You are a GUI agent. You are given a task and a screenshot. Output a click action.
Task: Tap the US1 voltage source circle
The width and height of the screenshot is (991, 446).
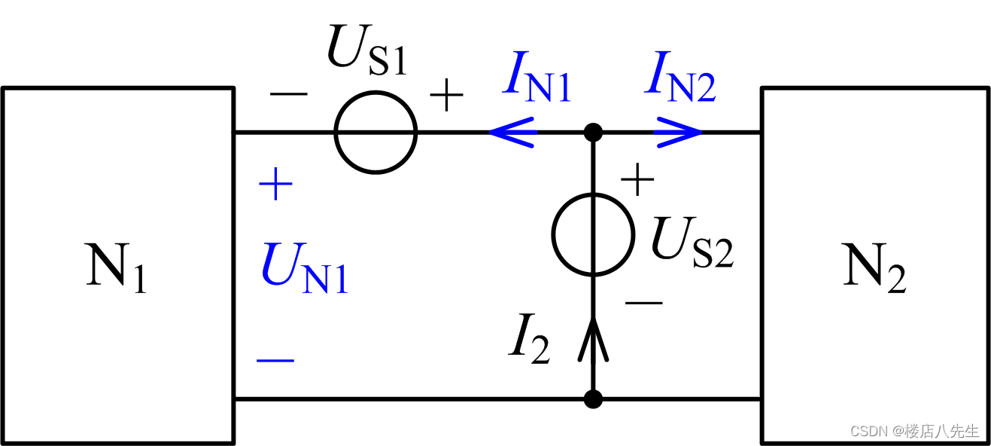pos(375,132)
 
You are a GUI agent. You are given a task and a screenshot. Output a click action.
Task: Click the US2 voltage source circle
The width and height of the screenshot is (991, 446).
pos(593,234)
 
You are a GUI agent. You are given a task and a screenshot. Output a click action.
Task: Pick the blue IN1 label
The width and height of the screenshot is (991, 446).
pos(537,78)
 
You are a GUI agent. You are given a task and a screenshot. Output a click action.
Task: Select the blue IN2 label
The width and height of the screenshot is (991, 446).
pos(680,78)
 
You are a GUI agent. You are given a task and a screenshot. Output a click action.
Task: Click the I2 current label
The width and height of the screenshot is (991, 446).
pos(529,342)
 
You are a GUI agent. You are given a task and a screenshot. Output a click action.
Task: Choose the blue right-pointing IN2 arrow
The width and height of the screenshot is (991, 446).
pos(678,133)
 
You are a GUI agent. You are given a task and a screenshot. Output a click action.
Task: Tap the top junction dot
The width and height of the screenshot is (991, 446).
pos(593,133)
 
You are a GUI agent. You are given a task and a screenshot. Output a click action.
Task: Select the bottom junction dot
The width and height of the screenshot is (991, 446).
pos(593,399)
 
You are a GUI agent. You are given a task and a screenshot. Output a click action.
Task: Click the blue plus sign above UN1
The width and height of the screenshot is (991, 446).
pos(275,185)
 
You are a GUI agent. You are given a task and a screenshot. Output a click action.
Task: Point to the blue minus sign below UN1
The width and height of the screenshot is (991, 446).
pos(275,360)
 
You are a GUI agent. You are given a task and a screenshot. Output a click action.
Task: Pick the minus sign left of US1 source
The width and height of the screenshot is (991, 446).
pos(288,94)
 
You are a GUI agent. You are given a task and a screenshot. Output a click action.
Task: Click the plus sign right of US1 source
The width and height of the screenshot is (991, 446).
pos(446,96)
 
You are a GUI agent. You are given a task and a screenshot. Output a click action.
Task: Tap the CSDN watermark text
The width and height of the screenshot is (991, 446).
pos(914,431)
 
